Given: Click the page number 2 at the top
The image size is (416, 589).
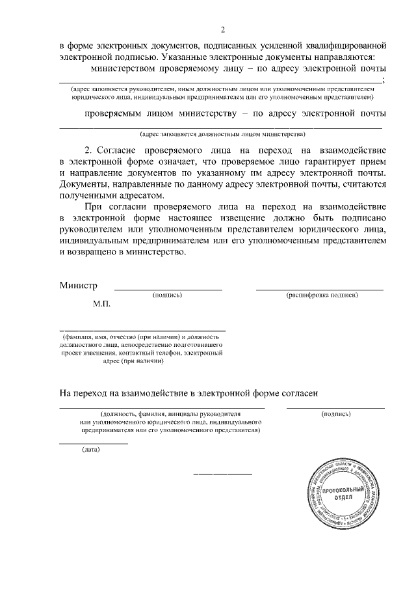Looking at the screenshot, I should click(x=223, y=30).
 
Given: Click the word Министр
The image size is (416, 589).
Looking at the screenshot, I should click(x=78, y=285).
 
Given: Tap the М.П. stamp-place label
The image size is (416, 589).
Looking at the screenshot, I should click(x=102, y=304).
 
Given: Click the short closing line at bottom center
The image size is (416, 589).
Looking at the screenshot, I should click(x=223, y=473).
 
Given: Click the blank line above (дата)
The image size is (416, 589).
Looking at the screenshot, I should click(x=94, y=443).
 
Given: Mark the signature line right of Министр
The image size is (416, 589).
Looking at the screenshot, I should click(x=168, y=288).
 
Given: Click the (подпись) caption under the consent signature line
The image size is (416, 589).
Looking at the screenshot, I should click(x=336, y=413).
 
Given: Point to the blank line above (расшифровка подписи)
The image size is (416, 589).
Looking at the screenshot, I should click(x=319, y=288).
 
